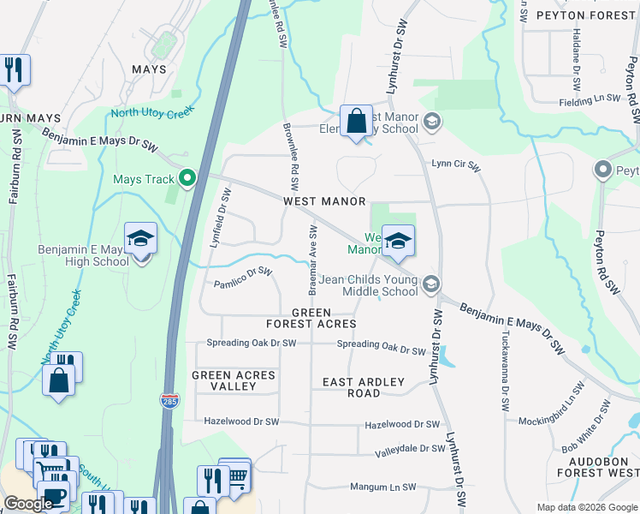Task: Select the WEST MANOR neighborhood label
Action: [x=324, y=201]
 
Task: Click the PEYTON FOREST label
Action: [x=585, y=15]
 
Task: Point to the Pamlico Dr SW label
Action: [x=243, y=278]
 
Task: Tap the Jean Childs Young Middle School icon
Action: [x=431, y=284]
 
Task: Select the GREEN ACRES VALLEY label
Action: [x=234, y=381]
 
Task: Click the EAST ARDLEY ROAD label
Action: [x=364, y=387]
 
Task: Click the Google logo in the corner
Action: [x=29, y=504]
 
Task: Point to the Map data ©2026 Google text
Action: [x=586, y=507]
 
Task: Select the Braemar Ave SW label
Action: [x=313, y=256]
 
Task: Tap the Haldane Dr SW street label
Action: [x=577, y=69]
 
